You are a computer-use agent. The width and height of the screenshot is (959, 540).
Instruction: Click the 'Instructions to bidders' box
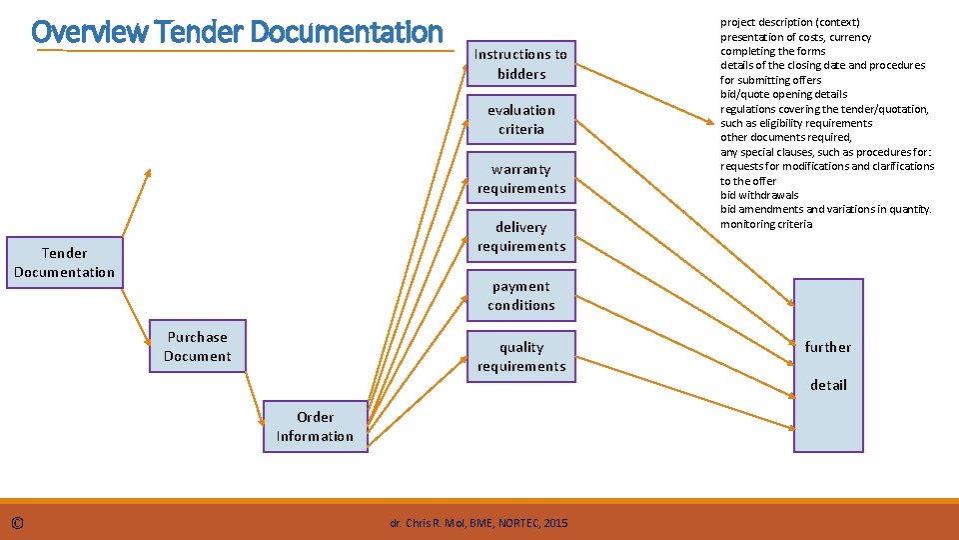(520, 64)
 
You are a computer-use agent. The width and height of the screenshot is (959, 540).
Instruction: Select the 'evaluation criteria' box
(520, 120)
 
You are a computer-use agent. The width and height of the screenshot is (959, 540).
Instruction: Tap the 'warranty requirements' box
(520, 179)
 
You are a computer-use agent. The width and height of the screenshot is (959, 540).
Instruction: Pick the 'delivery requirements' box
(520, 237)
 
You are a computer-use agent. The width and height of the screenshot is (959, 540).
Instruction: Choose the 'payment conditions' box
(520, 296)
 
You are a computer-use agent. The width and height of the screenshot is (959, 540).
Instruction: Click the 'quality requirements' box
(520, 357)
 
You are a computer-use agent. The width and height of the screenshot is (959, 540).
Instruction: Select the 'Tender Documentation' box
(65, 263)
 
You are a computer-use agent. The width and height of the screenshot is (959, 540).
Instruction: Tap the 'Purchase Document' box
(198, 347)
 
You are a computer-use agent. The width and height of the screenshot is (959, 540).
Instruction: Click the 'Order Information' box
(315, 427)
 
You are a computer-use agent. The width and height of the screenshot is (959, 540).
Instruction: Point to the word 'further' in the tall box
(828, 347)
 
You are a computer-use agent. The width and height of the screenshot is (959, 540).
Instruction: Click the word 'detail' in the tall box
(828, 385)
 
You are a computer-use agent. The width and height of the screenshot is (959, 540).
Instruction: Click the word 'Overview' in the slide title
(90, 32)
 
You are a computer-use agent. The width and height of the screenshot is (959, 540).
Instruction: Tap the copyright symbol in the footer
(18, 523)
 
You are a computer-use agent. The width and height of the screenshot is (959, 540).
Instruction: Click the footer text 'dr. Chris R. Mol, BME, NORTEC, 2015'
(479, 523)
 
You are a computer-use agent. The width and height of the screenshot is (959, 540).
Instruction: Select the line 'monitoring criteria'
(766, 224)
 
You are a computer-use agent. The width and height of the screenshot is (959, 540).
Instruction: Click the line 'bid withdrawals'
(759, 195)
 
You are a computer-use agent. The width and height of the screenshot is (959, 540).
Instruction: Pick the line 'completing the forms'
(772, 51)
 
